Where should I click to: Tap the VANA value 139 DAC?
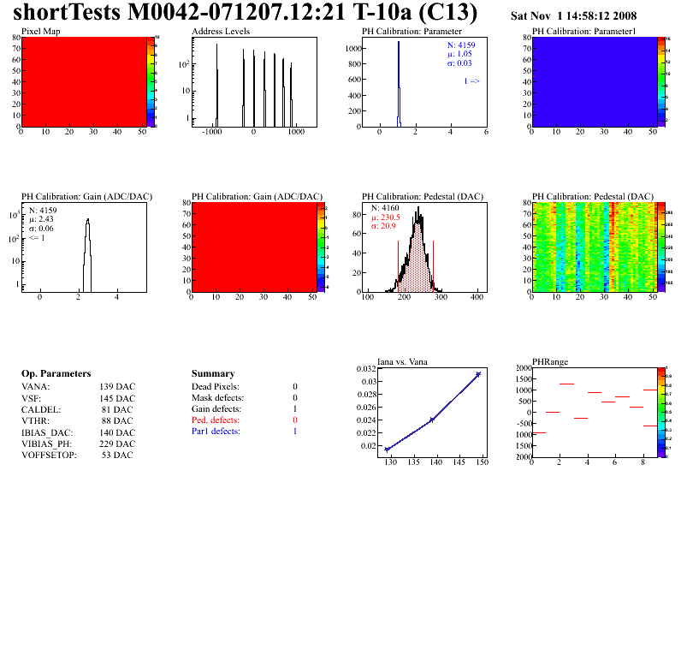(117, 387)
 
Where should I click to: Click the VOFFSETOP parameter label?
(49, 455)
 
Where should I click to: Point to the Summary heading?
(213, 374)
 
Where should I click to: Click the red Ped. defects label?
(216, 420)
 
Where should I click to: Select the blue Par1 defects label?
(217, 432)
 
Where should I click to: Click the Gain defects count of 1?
(295, 409)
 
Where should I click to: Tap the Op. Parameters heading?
(56, 374)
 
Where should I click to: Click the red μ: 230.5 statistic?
(386, 217)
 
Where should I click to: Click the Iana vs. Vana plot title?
(410, 361)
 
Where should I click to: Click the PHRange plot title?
(549, 361)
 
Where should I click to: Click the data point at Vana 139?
(432, 420)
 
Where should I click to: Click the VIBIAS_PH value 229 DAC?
(117, 444)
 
